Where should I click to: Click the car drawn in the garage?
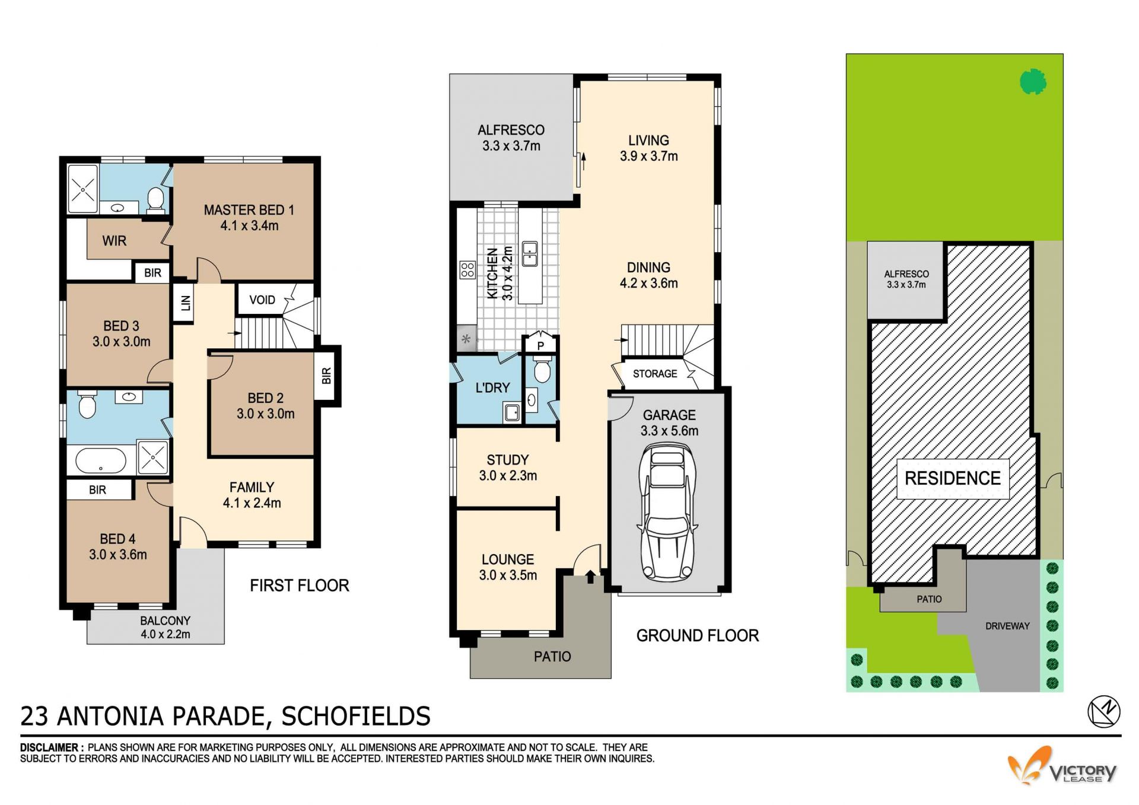click(667, 513)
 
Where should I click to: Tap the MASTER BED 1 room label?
click(249, 218)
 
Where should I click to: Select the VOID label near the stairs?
click(262, 300)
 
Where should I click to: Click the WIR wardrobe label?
click(114, 241)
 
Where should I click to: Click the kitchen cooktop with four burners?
click(467, 271)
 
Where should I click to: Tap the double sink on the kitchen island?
click(530, 254)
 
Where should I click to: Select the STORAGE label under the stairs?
click(655, 374)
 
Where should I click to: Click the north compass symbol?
click(1104, 711)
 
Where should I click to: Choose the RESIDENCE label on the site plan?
click(952, 478)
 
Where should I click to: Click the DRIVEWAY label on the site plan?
click(1007, 626)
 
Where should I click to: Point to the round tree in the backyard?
click(1033, 82)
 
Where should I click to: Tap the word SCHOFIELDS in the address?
click(356, 717)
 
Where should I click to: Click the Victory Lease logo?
click(1062, 766)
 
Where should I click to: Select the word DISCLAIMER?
click(49, 747)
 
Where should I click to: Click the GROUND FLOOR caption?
click(698, 636)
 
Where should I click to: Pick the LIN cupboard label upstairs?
click(186, 303)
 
